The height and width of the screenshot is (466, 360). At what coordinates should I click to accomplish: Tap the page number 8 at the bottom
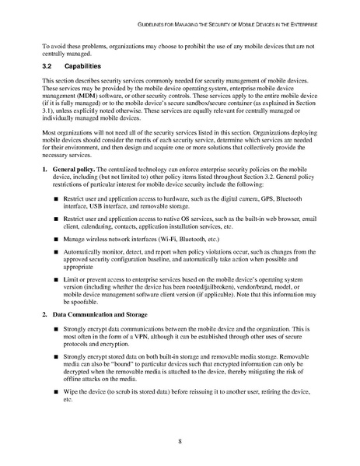point(180,441)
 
